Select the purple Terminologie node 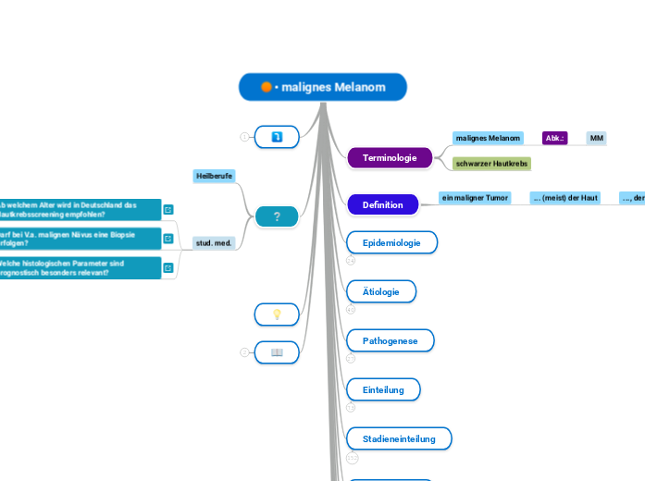coord(390,158)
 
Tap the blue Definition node coord(382,204)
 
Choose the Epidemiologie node coord(391,242)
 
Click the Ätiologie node coord(381,291)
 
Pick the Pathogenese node coord(390,340)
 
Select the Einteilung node coord(383,389)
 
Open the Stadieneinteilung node coord(399,438)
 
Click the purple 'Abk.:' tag coord(554,138)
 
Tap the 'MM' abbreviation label coord(597,138)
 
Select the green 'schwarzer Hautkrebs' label coord(491,163)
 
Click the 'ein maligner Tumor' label coord(475,198)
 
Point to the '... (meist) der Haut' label coord(564,198)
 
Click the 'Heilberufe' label coord(214,175)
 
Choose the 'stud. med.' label coord(214,243)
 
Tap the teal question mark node coord(277,216)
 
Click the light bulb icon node coord(277,314)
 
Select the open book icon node coord(277,352)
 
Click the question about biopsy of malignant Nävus coord(79,239)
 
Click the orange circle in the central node coord(267,87)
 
